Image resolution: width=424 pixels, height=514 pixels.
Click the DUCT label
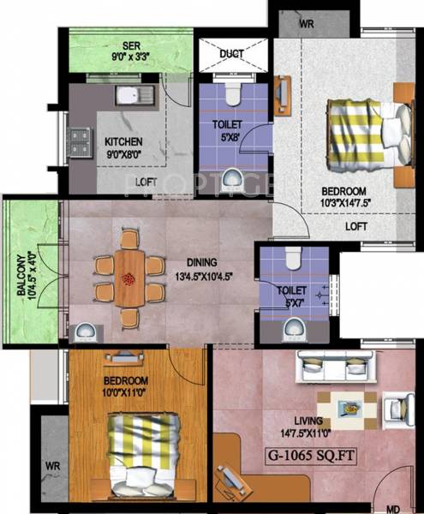[x=231, y=53]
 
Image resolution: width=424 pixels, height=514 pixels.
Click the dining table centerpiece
[x=130, y=278]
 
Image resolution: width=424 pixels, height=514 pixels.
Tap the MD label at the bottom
[x=392, y=507]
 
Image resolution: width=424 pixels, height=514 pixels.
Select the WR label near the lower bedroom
[x=51, y=467]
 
